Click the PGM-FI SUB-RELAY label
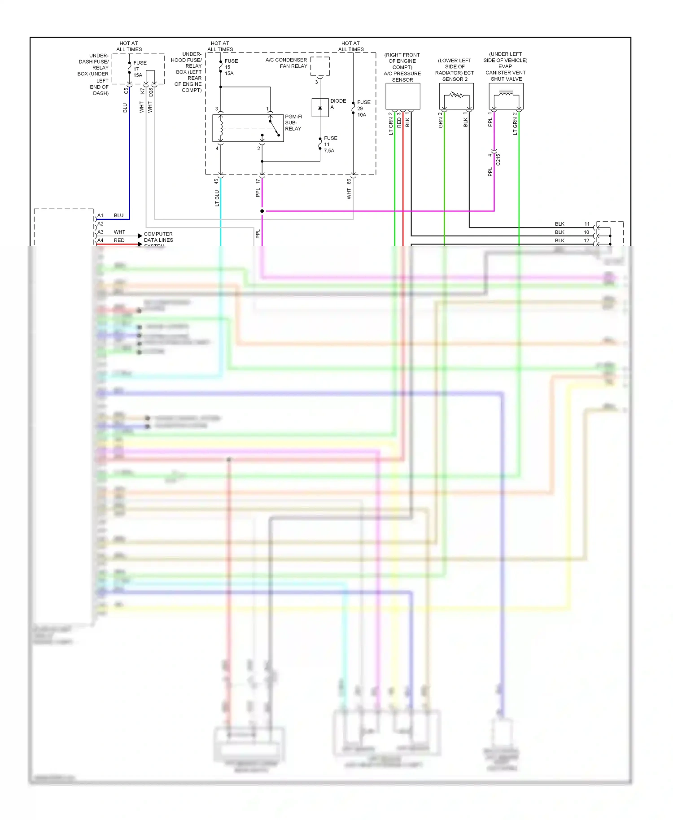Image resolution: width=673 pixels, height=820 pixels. point(293,122)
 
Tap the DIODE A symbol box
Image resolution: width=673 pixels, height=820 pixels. point(320,108)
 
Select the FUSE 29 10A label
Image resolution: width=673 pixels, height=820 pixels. point(363,109)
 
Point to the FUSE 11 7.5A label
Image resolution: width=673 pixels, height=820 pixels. point(330,144)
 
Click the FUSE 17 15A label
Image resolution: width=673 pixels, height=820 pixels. point(139,69)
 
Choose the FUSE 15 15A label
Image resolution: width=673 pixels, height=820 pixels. point(231,67)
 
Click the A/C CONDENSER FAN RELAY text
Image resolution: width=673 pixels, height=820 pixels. point(286,63)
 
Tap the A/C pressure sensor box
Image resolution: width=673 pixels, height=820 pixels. point(402,96)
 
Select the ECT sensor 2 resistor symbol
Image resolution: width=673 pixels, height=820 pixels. point(456,95)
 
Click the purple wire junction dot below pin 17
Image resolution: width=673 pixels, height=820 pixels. point(262,211)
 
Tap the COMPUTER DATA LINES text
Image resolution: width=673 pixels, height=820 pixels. point(158,237)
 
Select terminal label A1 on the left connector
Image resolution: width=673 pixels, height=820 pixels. point(101,216)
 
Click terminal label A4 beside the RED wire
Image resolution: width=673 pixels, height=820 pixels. point(101,240)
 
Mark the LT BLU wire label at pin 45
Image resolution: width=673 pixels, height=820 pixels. point(217,198)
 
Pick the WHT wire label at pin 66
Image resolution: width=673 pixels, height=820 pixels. point(349,193)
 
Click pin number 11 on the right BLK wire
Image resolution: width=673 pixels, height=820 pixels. point(587,224)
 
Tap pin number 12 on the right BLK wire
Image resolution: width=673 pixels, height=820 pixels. point(586,240)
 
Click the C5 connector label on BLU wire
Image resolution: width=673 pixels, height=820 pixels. point(126,91)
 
